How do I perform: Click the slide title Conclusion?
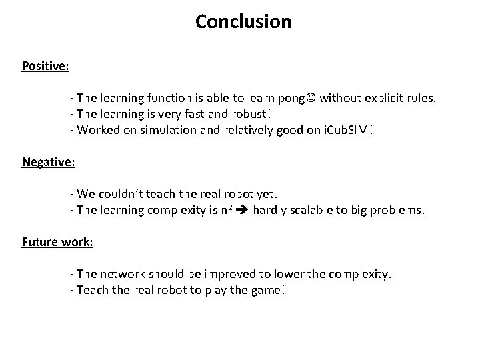point(243,22)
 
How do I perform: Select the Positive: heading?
point(46,66)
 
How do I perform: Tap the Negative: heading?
point(48,162)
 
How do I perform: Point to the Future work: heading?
point(57,242)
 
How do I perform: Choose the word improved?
point(231,274)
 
